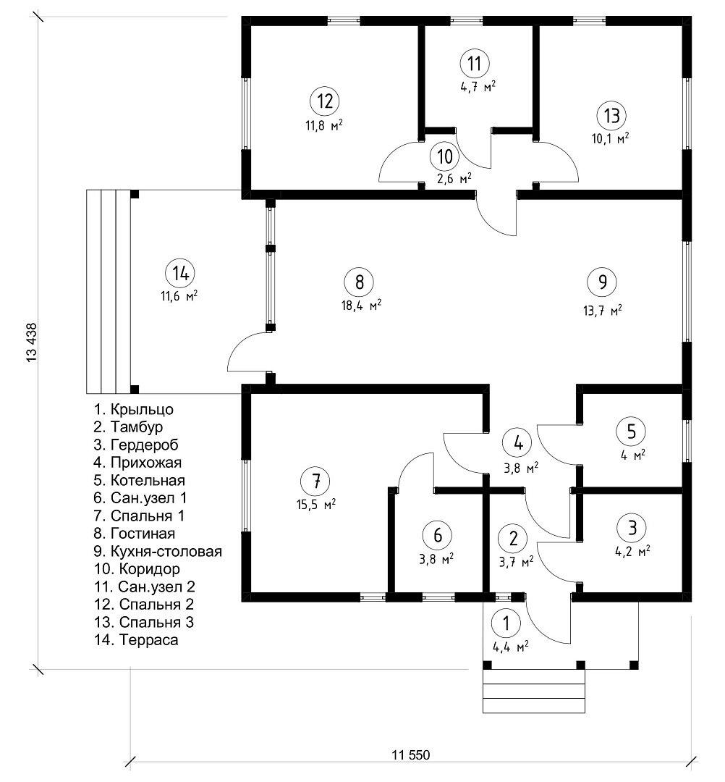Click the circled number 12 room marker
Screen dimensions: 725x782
tap(325, 101)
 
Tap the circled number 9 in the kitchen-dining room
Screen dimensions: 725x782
tap(602, 282)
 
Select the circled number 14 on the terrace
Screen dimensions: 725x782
tap(180, 273)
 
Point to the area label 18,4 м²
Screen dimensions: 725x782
tap(361, 306)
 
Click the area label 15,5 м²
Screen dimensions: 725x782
tap(316, 504)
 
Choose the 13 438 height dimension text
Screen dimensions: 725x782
tap(31, 342)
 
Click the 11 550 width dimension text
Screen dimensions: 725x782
tap(410, 755)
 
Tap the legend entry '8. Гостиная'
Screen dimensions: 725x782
tap(135, 534)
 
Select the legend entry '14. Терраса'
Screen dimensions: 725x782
tap(136, 640)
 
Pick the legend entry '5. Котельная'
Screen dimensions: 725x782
tap(140, 480)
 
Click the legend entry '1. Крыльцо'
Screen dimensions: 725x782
tap(134, 409)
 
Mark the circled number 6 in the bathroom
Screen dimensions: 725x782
tap(437, 535)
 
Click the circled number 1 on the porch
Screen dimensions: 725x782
tap(506, 623)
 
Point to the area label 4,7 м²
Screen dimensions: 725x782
tap(478, 87)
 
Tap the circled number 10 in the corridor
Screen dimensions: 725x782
tap(445, 156)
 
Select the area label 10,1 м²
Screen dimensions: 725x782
tap(610, 138)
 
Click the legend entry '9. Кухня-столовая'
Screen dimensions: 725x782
tap(158, 552)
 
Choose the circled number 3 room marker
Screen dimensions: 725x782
tap(632, 527)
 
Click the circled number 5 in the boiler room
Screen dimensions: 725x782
tap(632, 432)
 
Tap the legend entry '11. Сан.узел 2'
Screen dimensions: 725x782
tap(145, 587)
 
